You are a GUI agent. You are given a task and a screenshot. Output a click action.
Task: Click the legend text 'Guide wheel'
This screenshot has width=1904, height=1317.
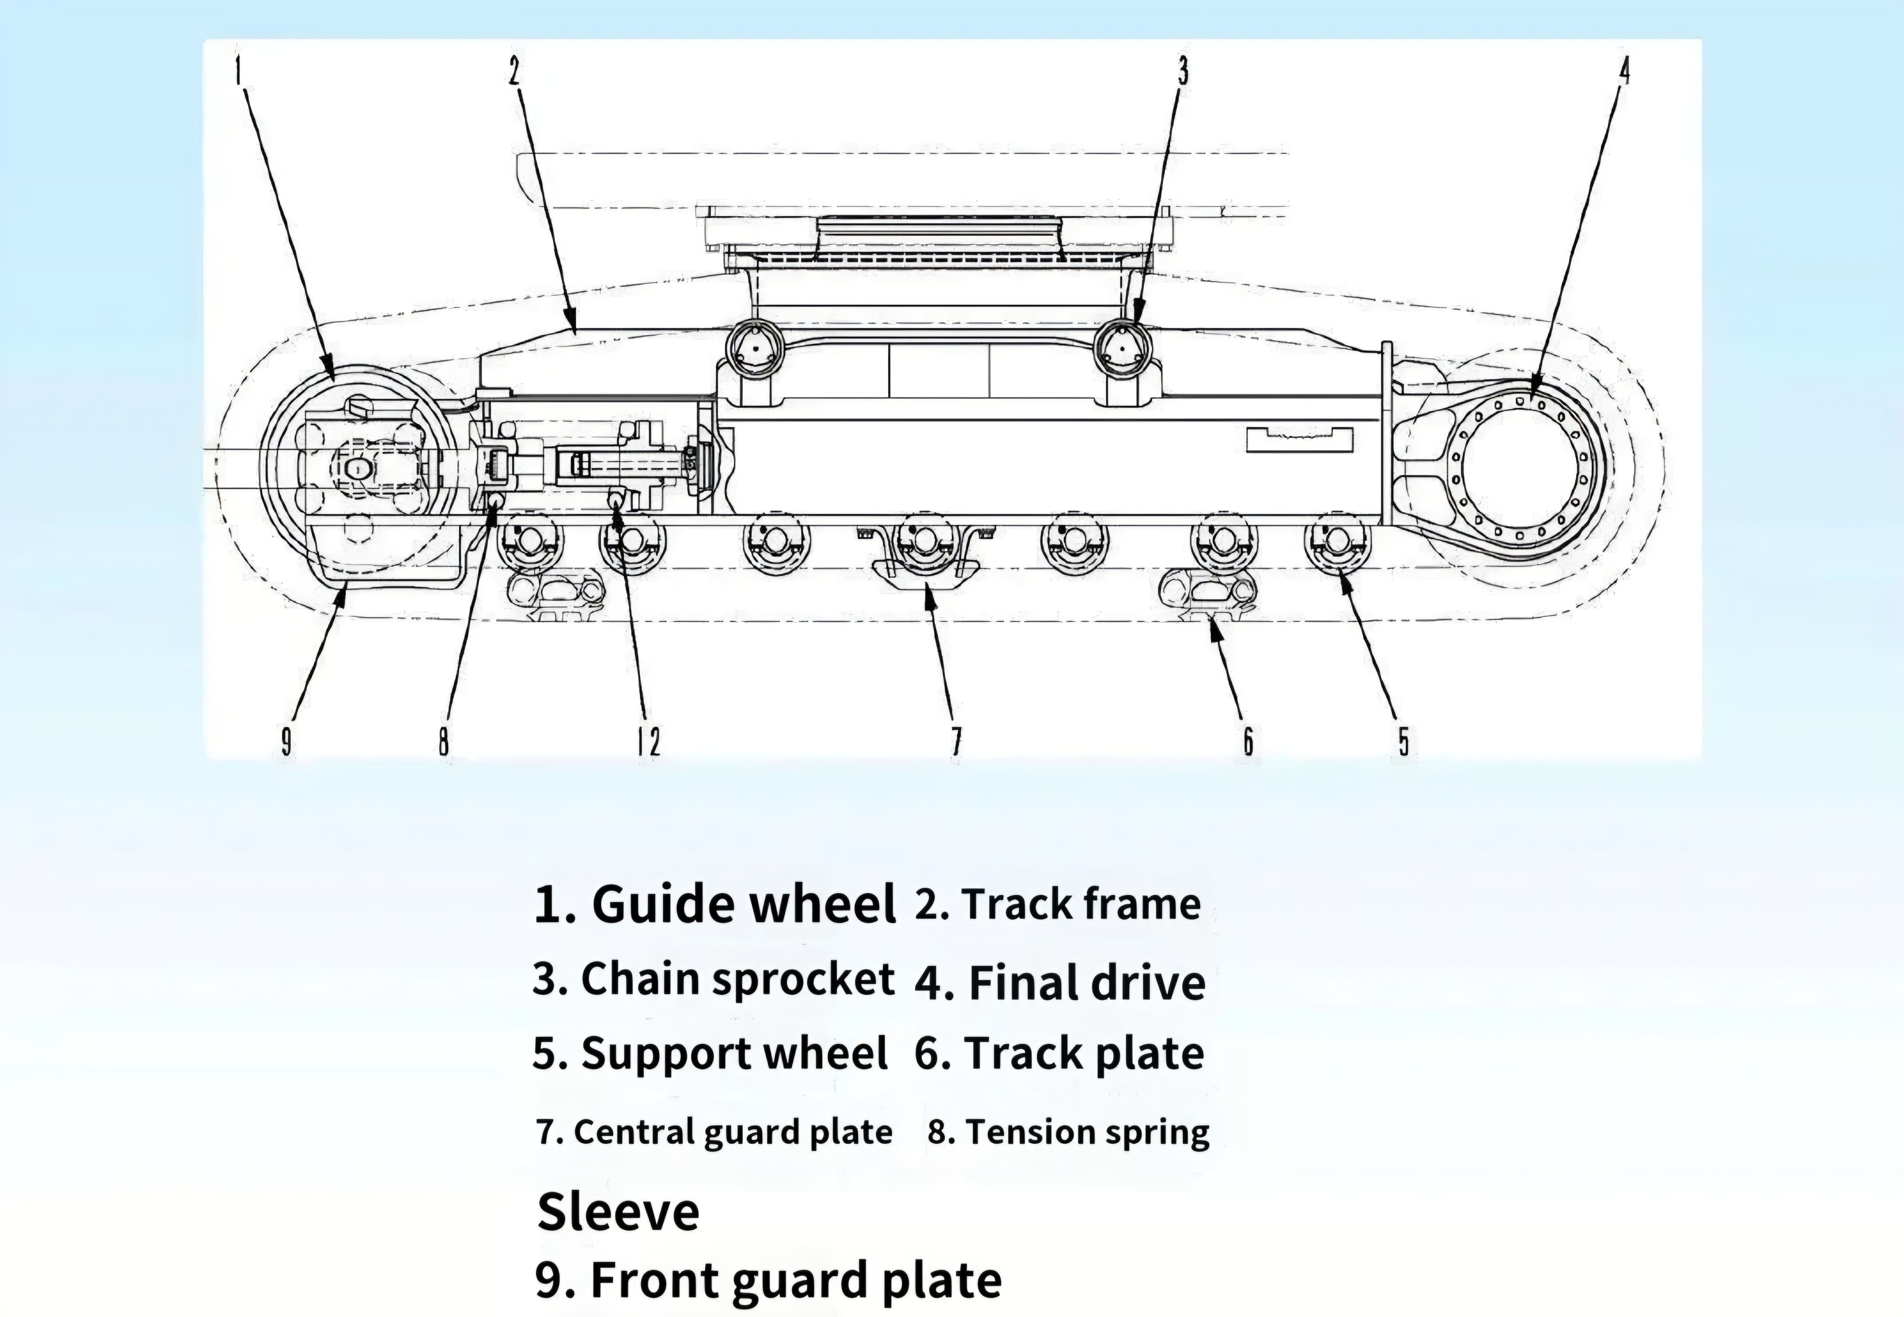pyautogui.click(x=744, y=904)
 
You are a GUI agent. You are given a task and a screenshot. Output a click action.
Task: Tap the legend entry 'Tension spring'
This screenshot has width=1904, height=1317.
pyautogui.click(x=1088, y=1132)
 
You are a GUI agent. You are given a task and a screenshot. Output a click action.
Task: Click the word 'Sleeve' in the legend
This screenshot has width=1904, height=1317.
pyautogui.click(x=618, y=1212)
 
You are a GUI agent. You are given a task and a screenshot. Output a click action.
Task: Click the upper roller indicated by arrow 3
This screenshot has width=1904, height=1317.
pyautogui.click(x=1122, y=350)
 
